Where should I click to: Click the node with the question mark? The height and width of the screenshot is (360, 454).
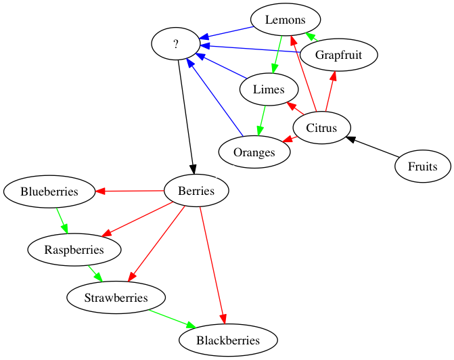[176, 44]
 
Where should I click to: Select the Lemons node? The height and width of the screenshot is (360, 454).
[286, 20]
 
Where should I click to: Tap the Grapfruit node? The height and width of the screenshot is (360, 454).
[339, 55]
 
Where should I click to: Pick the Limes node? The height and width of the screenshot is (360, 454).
[269, 89]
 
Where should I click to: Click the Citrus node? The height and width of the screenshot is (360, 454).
[321, 128]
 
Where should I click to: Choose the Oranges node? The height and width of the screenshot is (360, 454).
[254, 152]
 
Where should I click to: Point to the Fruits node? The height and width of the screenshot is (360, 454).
[423, 166]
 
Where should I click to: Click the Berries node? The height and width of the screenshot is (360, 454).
[196, 191]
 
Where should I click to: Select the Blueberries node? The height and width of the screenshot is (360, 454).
[49, 192]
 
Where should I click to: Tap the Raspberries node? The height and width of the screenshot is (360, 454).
[74, 250]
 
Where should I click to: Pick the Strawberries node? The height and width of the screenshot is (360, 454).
[116, 298]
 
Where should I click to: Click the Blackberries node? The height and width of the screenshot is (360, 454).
[228, 340]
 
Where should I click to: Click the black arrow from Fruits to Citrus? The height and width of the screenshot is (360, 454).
[373, 147]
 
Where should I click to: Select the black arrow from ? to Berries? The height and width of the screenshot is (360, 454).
[186, 117]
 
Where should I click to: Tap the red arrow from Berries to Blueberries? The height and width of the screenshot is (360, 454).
[129, 191]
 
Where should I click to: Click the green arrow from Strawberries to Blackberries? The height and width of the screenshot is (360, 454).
[173, 319]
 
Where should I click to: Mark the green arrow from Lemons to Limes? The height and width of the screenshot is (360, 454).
[277, 54]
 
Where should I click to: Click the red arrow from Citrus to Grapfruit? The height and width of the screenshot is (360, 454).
[330, 91]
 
